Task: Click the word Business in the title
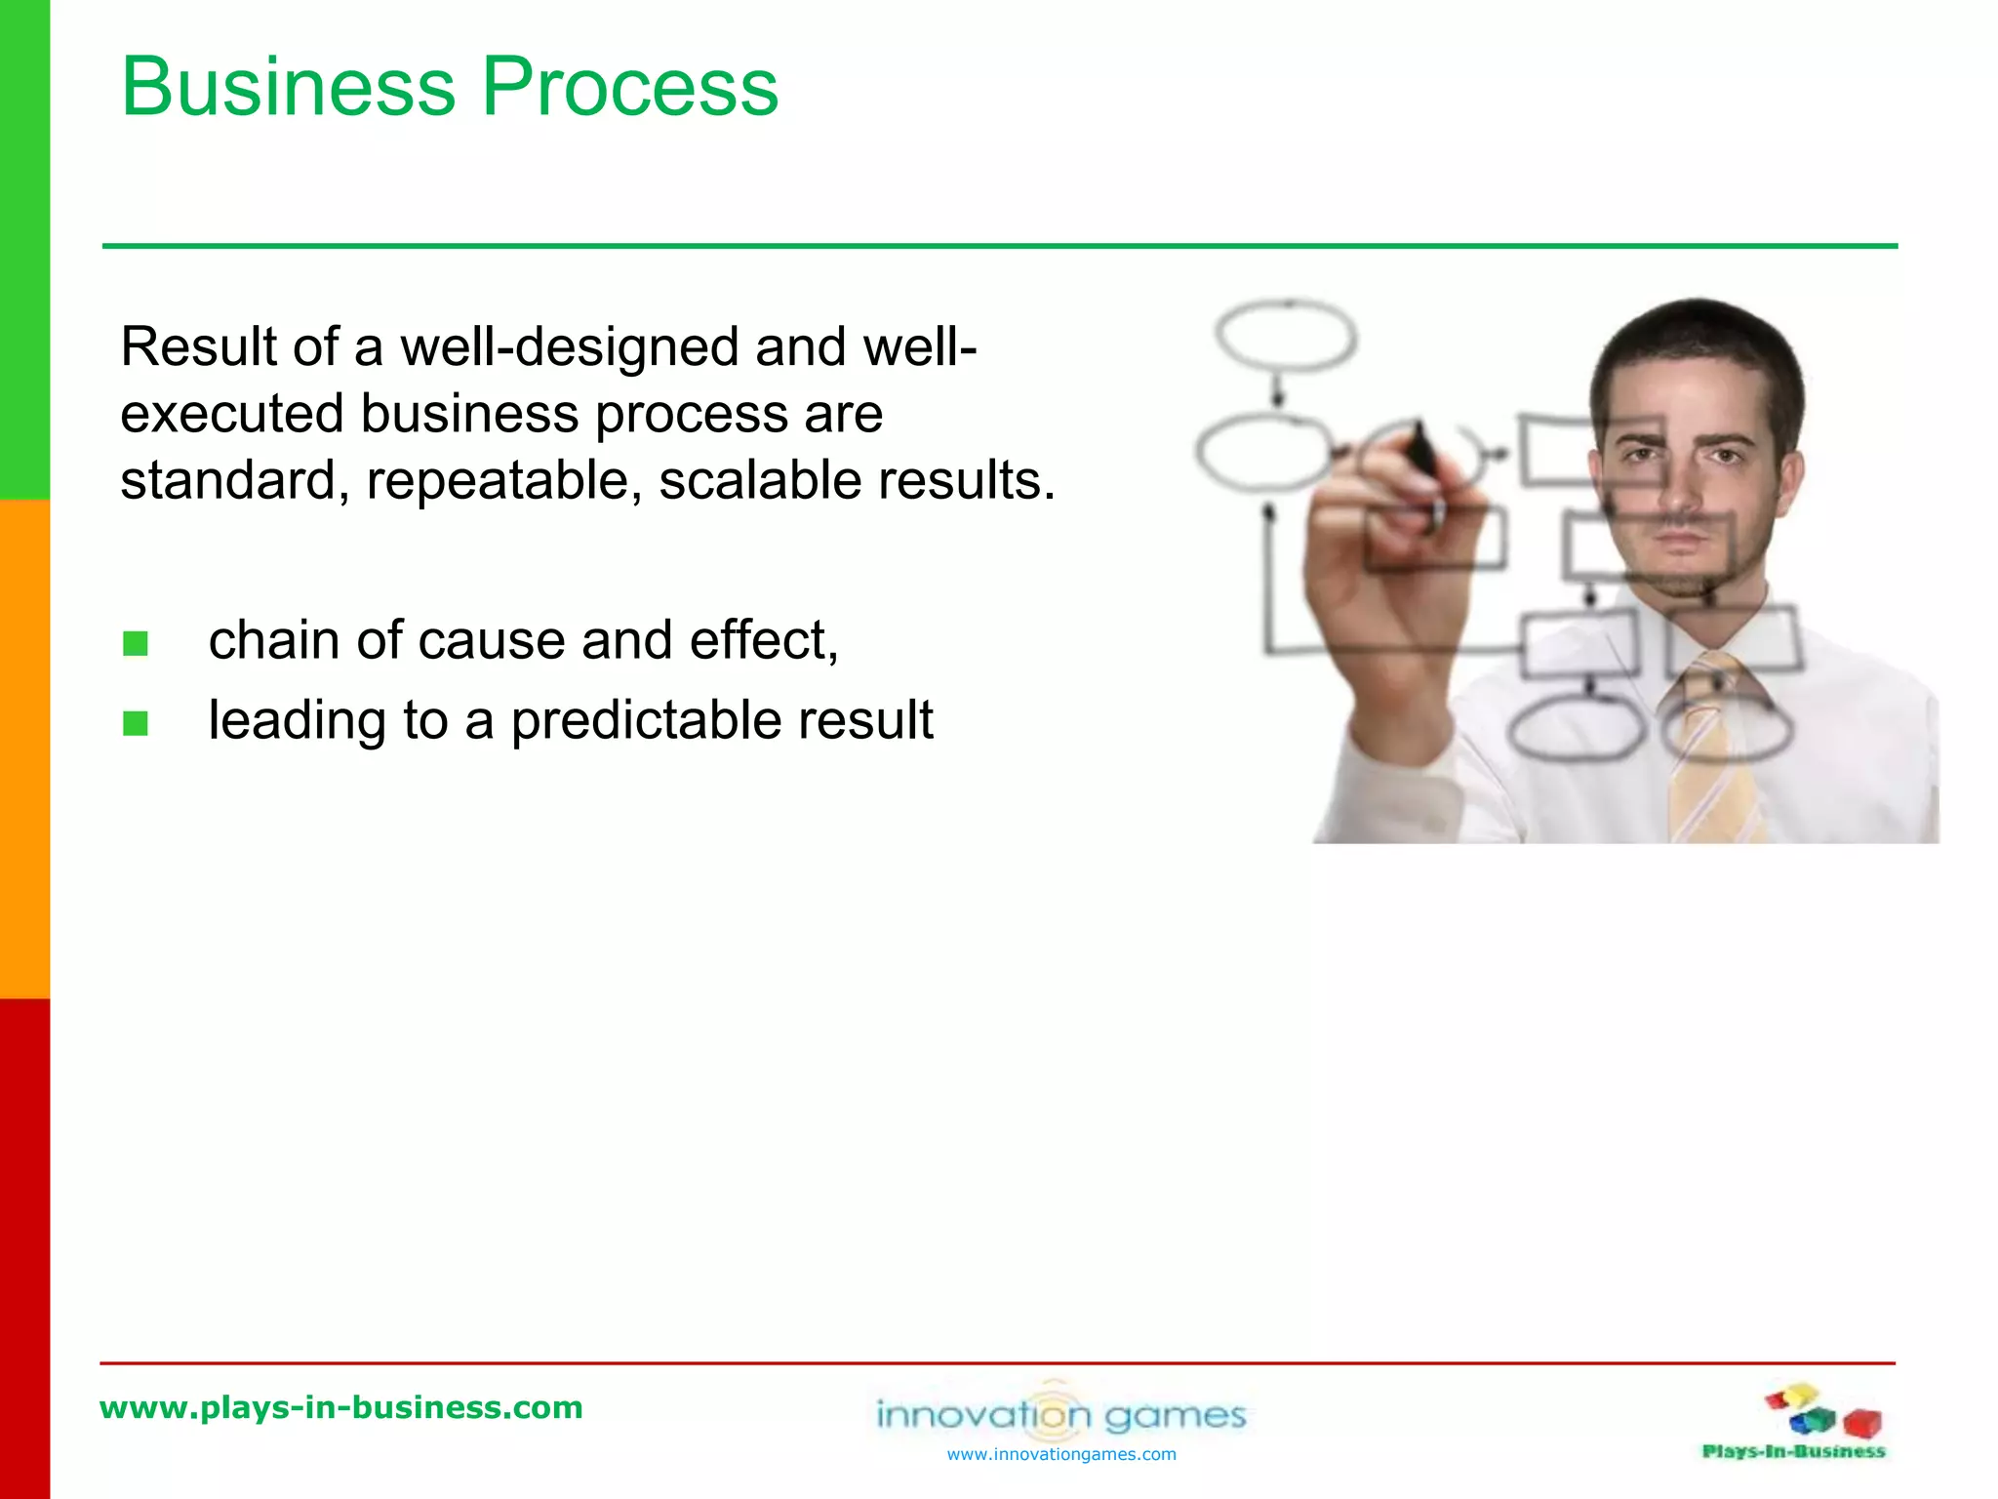(288, 88)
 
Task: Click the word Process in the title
(630, 88)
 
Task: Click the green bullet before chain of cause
(136, 644)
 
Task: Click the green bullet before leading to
(136, 723)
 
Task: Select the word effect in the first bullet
(761, 641)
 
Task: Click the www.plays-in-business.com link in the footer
(341, 1407)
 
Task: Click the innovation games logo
(1061, 1413)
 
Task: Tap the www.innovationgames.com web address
(1061, 1455)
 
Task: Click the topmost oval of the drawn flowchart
(1286, 337)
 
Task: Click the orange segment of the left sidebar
(24, 749)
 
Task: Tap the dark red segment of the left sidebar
(24, 1249)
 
